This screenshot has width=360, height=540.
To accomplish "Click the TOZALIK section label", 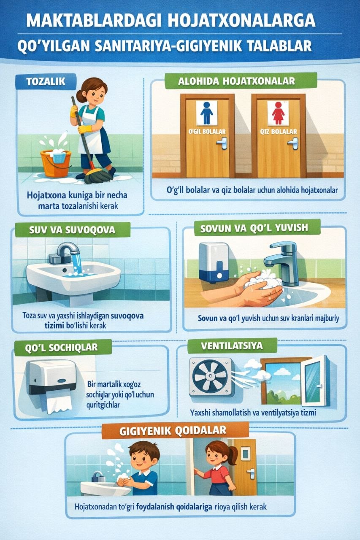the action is click(x=46, y=81).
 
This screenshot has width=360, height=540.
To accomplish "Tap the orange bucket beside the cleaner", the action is click(x=55, y=163).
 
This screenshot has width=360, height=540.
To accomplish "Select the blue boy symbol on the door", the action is click(x=207, y=113).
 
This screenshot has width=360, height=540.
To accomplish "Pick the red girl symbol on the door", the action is click(x=278, y=113).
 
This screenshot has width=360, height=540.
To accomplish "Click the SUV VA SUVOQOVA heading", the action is click(x=72, y=230).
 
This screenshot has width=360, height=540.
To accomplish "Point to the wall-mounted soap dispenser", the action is click(x=214, y=262).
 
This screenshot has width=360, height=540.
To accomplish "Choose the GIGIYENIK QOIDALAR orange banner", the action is click(x=175, y=431).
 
